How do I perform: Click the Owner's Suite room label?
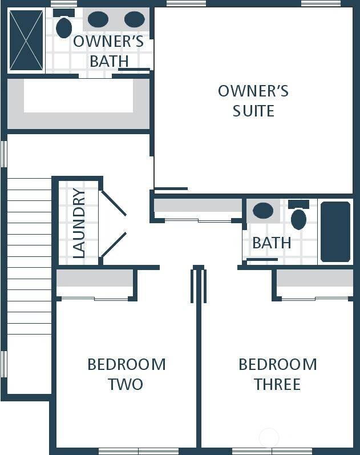click(253, 100)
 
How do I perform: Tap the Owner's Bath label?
click(108, 51)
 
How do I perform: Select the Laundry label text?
click(79, 223)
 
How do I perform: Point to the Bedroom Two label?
click(126, 374)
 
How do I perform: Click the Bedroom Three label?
click(277, 374)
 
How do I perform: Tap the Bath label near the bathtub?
click(272, 243)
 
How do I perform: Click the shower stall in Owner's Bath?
click(26, 40)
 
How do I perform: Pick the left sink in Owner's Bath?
click(98, 19)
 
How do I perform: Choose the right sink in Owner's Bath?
click(135, 19)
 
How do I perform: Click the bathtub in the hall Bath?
click(335, 232)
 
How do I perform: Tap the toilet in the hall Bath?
click(298, 217)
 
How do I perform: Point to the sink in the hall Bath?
click(263, 211)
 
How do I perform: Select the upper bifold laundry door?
click(114, 203)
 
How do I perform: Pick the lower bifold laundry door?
click(114, 244)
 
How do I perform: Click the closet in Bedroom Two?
click(95, 280)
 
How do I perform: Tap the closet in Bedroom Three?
click(315, 280)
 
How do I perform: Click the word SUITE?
click(253, 111)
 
